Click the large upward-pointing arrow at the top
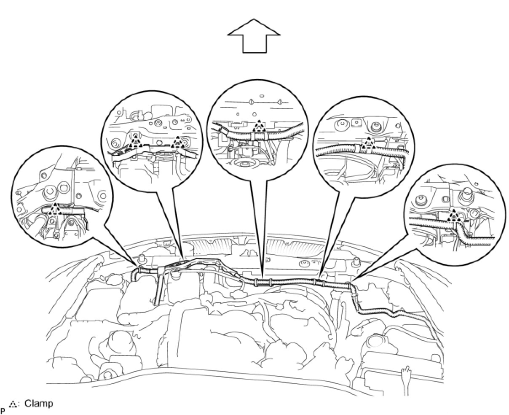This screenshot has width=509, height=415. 254,37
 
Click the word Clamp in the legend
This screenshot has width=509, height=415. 39,404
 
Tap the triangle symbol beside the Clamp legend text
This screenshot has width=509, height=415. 14,404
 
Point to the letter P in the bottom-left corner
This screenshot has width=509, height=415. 3,410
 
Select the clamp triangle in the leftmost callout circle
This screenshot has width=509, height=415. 54,209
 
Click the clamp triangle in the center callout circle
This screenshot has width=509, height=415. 258,125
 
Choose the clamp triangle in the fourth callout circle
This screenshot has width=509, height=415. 369,144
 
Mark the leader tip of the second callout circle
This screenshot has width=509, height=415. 182,258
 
